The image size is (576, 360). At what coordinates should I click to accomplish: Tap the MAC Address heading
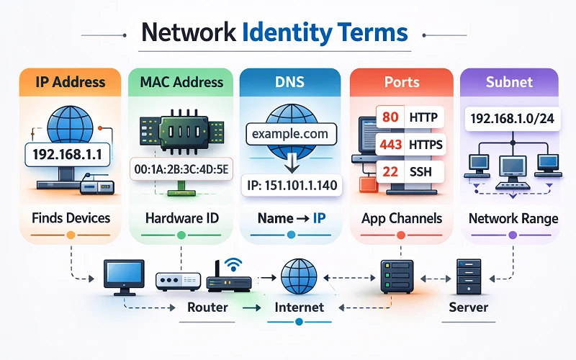(x=181, y=81)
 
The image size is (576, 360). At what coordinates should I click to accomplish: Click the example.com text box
(x=291, y=134)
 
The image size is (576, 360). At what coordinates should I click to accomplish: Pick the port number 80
(x=390, y=117)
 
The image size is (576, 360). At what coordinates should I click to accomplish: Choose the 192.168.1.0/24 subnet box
(x=511, y=118)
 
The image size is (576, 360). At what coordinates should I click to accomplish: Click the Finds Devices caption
(x=71, y=218)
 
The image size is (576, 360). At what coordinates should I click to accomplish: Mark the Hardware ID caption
(x=181, y=218)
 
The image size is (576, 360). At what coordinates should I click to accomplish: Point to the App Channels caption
(x=402, y=218)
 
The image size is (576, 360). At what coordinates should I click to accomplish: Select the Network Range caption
(x=513, y=218)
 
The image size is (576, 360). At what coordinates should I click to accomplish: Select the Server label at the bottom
(x=468, y=307)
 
